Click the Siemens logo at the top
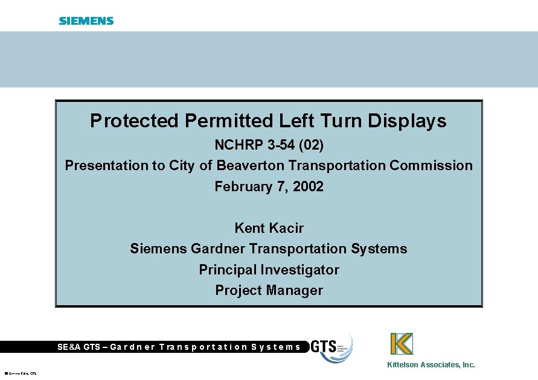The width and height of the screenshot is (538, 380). tap(86, 21)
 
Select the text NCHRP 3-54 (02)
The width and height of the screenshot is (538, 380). tap(269, 145)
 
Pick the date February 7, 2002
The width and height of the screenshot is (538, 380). tap(269, 186)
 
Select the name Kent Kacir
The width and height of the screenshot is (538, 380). tap(269, 228)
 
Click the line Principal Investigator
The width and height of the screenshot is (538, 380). tap(269, 270)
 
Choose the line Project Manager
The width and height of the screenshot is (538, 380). tap(269, 290)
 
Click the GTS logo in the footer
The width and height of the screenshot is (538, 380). tap(331, 348)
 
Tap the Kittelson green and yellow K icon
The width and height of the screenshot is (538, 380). tap(402, 344)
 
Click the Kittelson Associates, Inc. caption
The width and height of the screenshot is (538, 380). tap(431, 365)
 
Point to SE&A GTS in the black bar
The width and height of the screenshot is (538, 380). tap(78, 347)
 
